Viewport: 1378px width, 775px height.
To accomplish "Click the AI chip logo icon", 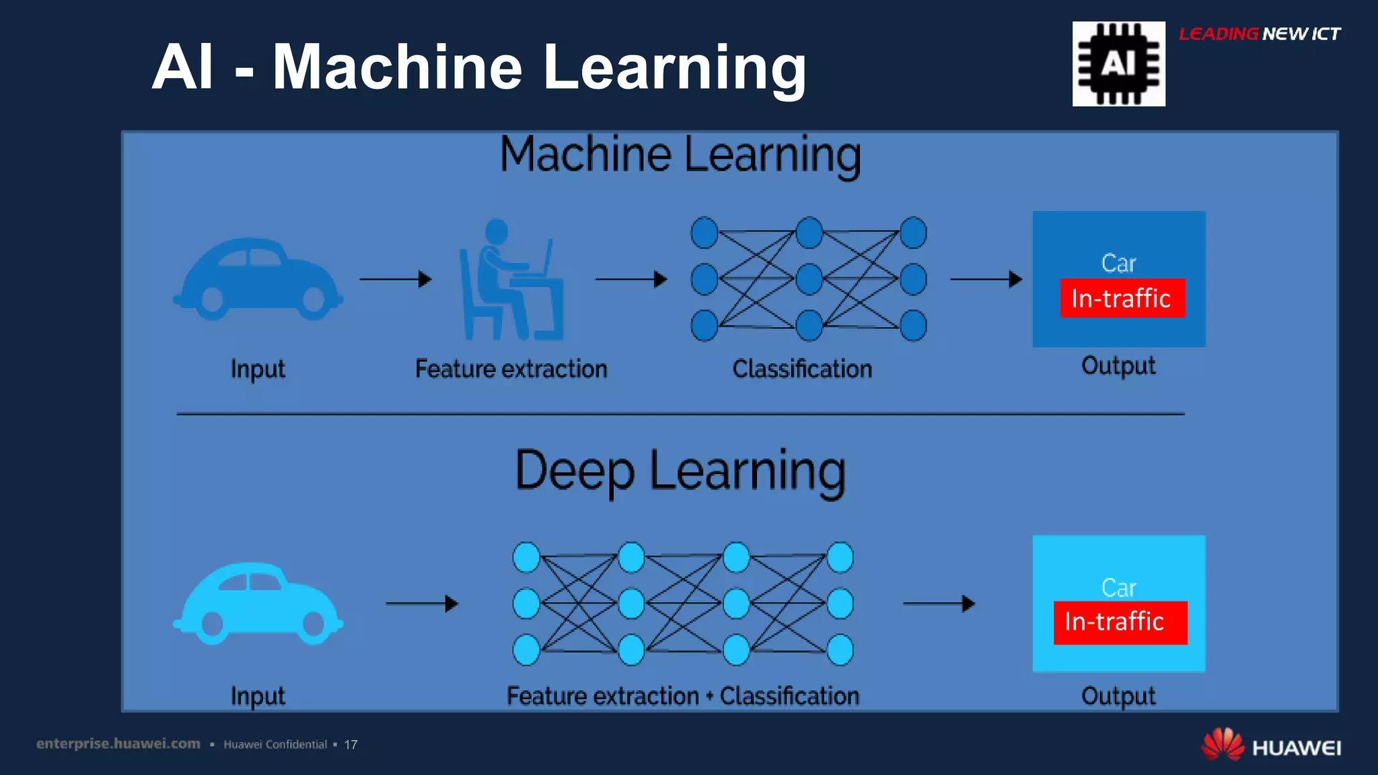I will pos(1118,64).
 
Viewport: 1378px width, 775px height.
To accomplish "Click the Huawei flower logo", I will pos(1222,744).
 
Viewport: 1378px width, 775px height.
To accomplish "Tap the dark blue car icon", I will pos(258,279).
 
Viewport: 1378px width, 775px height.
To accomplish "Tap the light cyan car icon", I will pos(258,604).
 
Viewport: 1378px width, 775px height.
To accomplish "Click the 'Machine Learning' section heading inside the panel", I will pos(680,155).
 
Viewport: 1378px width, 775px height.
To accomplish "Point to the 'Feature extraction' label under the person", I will pos(511,369).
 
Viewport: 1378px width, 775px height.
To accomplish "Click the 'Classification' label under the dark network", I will pos(802,369).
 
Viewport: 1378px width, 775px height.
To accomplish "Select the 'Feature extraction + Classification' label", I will pos(682,696).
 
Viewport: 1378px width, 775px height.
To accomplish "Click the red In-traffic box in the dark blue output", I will pos(1122,298).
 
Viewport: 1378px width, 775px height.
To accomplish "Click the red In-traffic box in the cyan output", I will pos(1120,622).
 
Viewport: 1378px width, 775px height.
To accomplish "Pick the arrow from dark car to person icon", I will pos(396,279).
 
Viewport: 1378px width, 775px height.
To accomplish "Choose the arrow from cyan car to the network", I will pos(422,603).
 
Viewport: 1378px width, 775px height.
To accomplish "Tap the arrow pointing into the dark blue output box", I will pos(986,279).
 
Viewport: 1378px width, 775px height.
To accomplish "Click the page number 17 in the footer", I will pos(351,745).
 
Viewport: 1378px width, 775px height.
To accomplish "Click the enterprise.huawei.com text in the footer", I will pos(118,744).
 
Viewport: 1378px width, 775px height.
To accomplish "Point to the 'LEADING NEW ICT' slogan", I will pos(1259,34).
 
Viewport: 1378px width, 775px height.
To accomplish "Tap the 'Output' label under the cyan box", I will pos(1118,696).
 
